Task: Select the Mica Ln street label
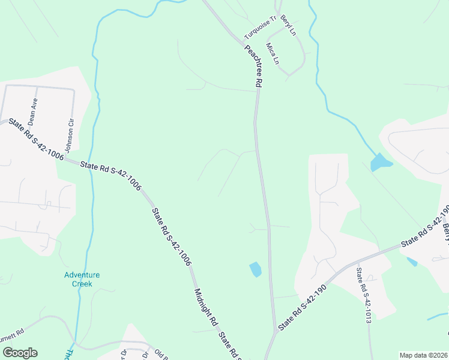[273, 53]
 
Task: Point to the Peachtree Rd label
[253, 65]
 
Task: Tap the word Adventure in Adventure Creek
[82, 275]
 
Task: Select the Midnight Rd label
[205, 307]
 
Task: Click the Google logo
[19, 353]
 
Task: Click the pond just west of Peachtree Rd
[255, 269]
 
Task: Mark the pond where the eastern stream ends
[380, 162]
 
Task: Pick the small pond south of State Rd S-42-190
[412, 262]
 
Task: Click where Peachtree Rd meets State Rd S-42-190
[276, 330]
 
